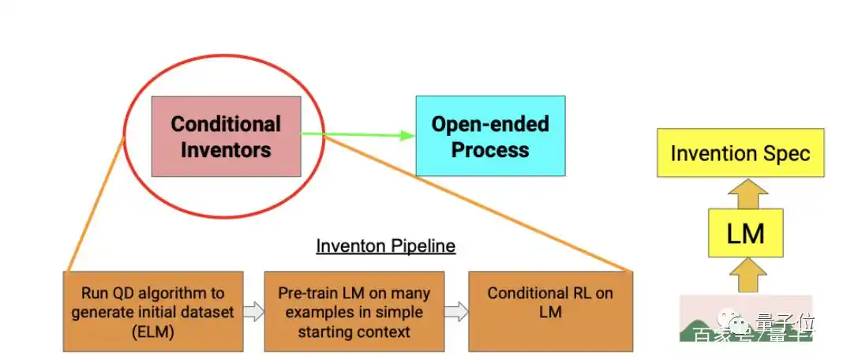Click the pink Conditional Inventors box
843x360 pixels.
click(226, 136)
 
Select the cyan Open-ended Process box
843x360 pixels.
click(490, 135)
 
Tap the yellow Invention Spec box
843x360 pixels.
click(740, 152)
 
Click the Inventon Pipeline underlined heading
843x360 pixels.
click(385, 246)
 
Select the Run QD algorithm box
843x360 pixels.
click(152, 311)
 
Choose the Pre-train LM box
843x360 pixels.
click(354, 311)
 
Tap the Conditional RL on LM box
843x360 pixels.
click(550, 311)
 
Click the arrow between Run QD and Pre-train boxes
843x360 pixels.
click(253, 312)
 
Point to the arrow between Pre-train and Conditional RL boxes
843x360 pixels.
click(455, 312)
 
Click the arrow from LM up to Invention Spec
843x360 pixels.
click(744, 193)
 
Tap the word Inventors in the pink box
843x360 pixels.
click(226, 149)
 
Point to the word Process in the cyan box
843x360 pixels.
click(490, 149)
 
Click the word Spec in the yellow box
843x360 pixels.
click(784, 153)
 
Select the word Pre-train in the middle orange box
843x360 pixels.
click(309, 294)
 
